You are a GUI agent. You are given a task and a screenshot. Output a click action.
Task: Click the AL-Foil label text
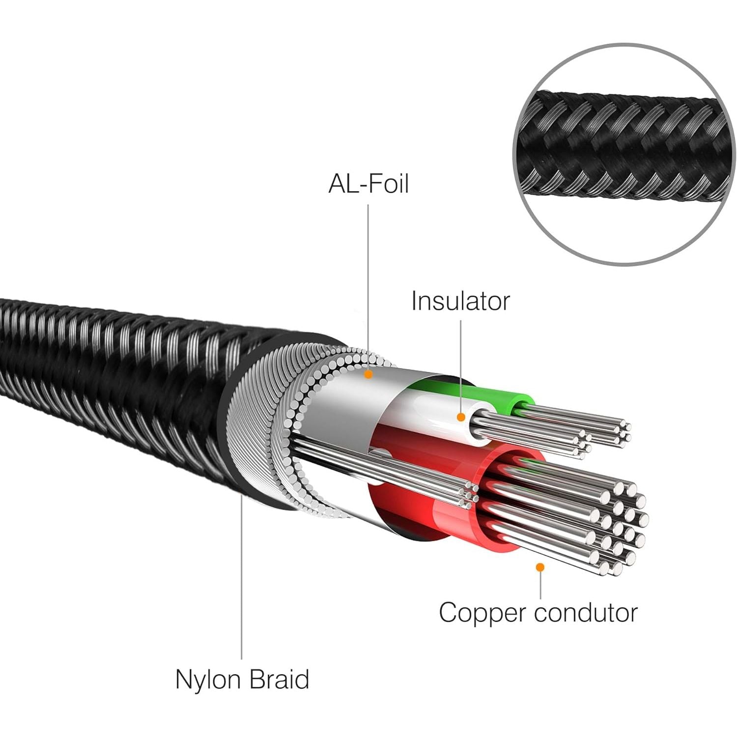368,184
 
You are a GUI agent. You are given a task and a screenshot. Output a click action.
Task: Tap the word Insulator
460,301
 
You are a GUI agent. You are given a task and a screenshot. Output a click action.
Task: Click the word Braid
279,679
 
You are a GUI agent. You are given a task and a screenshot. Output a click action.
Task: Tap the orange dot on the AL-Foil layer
368,374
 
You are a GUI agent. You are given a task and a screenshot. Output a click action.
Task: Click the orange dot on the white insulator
461,417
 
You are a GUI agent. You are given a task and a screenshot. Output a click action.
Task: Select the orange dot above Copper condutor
540,567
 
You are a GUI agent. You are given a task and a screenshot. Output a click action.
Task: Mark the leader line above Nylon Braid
242,580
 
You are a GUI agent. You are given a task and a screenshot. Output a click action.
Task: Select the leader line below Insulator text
461,364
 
